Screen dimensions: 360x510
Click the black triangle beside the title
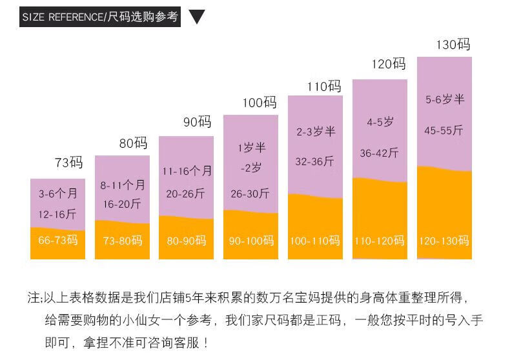[196, 17]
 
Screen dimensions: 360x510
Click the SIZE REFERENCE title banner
[99, 17]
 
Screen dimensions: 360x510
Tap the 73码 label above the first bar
[68, 163]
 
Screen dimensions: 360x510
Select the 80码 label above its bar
[133, 143]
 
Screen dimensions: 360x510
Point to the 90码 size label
[197, 122]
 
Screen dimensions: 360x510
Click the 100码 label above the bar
[260, 103]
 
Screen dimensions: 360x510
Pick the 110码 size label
[324, 86]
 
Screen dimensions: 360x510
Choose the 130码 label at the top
[453, 45]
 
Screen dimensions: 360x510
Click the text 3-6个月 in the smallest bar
[57, 194]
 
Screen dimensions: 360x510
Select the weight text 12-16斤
[57, 214]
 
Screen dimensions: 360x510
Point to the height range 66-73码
[58, 240]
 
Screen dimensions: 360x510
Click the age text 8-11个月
[123, 185]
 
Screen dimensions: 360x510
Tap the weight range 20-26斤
[186, 194]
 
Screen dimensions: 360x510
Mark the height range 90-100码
[251, 241]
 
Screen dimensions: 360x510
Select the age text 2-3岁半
[316, 132]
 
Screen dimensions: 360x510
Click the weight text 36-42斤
[380, 153]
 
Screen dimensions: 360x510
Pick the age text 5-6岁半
[445, 99]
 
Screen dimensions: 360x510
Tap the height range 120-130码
[444, 241]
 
